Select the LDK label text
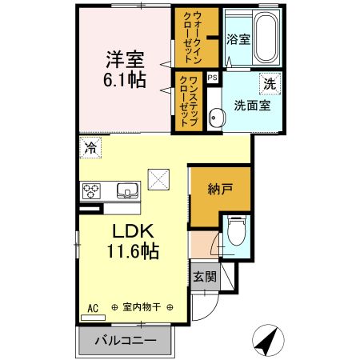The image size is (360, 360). [x=126, y=231]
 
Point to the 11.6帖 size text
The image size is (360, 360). [x=126, y=251]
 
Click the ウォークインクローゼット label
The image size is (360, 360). [x=192, y=38]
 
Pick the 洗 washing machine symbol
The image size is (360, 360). [x=270, y=83]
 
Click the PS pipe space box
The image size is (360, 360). [x=212, y=78]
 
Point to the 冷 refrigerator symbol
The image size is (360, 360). [x=91, y=146]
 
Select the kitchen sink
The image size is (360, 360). [x=126, y=190]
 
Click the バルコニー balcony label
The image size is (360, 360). [x=126, y=339]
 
